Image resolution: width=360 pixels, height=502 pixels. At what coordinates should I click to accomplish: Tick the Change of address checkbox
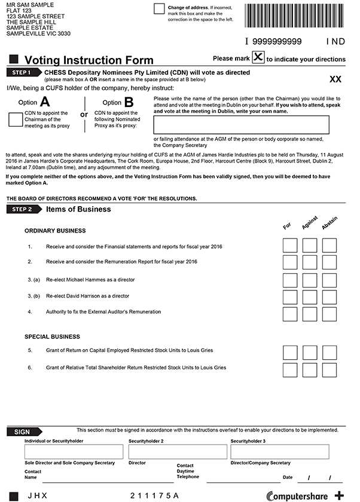click(x=159, y=8)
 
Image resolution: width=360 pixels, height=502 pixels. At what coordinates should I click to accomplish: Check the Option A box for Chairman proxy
click(x=16, y=120)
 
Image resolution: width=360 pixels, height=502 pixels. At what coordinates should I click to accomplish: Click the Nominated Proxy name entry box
click(x=241, y=124)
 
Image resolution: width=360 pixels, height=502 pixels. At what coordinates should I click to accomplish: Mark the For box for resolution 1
click(x=289, y=245)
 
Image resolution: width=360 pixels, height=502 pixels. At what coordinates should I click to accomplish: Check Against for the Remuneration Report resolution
click(x=310, y=262)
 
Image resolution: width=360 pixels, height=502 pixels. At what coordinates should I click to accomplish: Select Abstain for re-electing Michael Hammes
click(x=330, y=280)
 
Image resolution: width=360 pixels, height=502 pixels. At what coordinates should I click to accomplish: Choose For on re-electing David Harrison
click(x=289, y=296)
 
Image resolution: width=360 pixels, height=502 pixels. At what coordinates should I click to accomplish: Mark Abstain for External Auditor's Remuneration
click(x=330, y=313)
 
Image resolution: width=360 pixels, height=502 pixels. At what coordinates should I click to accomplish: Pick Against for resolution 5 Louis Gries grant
click(x=310, y=352)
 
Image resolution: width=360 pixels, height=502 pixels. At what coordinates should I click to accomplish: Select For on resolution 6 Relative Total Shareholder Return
click(x=289, y=369)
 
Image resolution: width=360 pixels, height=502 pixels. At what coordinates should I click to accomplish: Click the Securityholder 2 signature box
click(x=177, y=452)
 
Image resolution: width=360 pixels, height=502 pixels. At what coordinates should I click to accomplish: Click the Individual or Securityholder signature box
click(x=74, y=452)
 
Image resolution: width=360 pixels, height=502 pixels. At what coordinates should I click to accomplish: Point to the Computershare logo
click(x=299, y=495)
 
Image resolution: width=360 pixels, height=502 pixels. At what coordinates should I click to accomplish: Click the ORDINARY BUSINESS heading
click(x=55, y=231)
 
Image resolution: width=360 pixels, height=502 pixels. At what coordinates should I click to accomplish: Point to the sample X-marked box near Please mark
click(x=258, y=58)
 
